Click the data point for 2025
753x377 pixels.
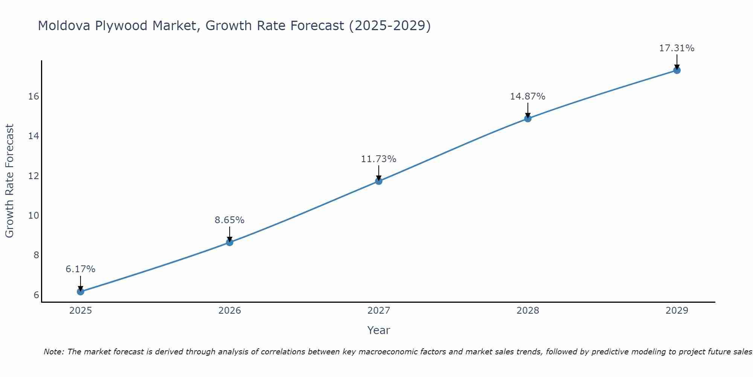point(80,291)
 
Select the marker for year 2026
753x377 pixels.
point(230,242)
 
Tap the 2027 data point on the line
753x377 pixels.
point(379,181)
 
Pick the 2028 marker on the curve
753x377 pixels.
point(528,119)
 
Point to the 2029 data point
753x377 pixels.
point(677,70)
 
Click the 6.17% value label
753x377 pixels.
point(80,269)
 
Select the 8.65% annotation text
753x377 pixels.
point(230,220)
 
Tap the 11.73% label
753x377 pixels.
point(379,159)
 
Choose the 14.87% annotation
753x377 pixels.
point(528,97)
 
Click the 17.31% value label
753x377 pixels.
point(677,48)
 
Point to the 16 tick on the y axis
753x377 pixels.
point(34,97)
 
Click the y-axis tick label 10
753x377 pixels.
point(34,215)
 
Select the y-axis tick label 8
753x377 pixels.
point(36,255)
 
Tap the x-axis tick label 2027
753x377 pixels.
point(379,311)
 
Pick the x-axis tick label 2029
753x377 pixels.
point(677,311)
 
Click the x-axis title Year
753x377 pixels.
point(379,330)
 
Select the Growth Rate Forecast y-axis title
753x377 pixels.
point(9,181)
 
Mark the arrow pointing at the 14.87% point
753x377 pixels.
point(528,110)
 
